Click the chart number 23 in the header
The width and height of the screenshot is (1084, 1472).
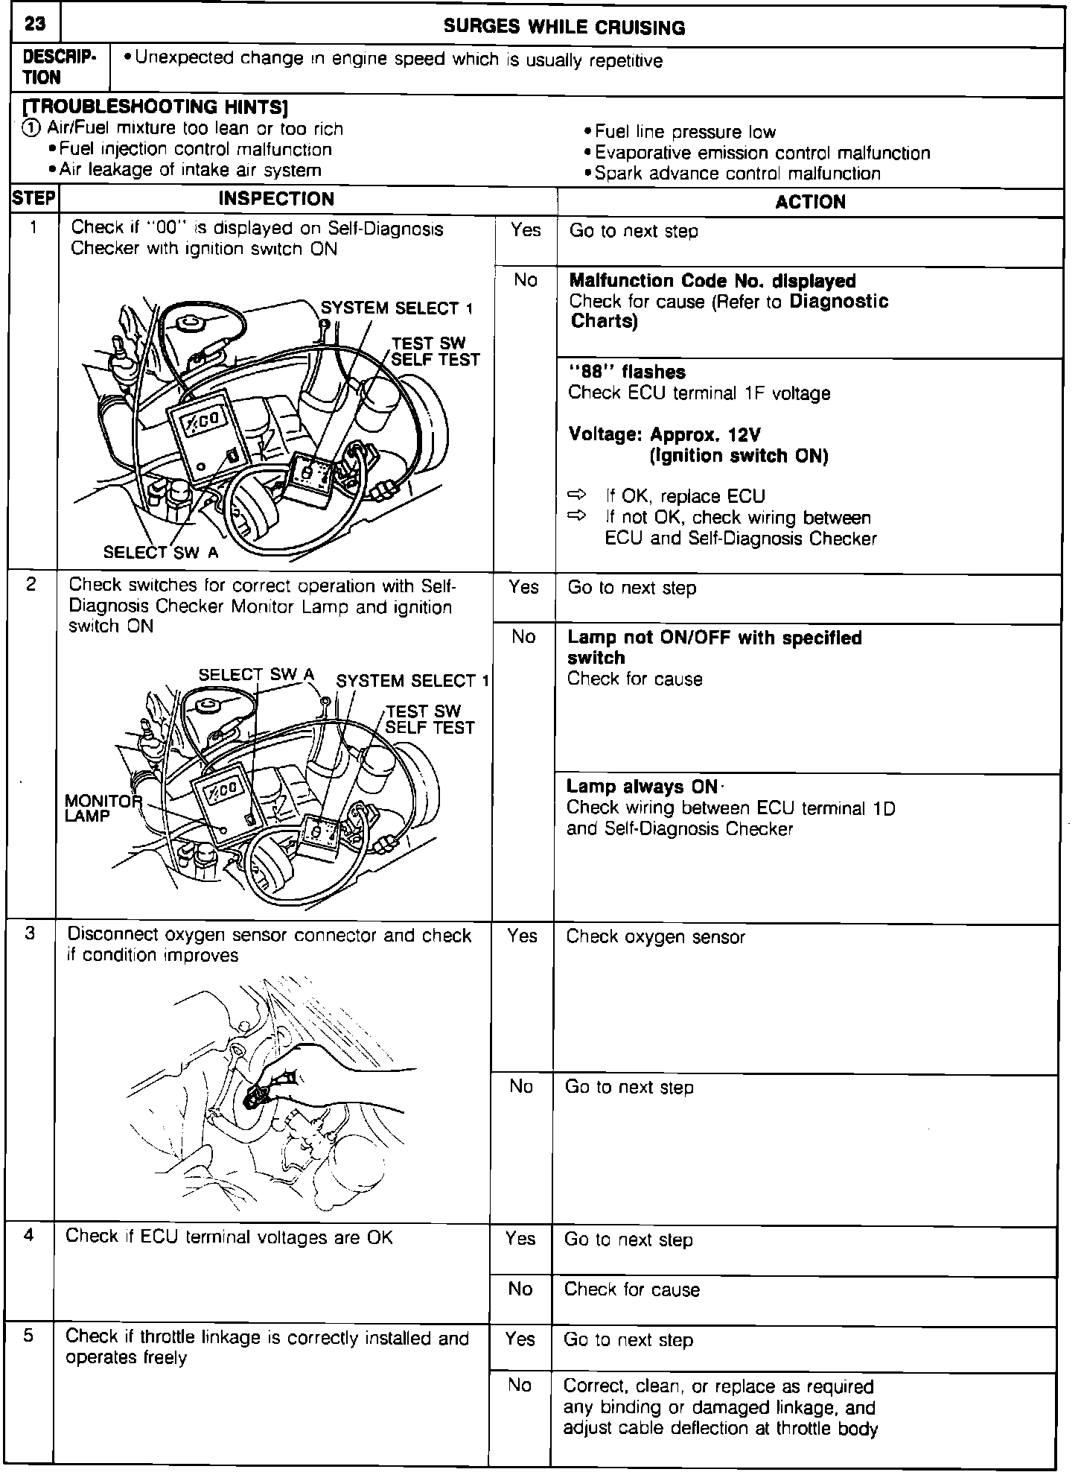click(x=34, y=24)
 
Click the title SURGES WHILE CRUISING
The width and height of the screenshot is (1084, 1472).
click(x=564, y=28)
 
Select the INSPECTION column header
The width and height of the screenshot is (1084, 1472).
click(x=276, y=199)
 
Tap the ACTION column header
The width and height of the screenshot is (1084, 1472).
click(x=810, y=202)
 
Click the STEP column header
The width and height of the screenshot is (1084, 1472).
click(x=34, y=198)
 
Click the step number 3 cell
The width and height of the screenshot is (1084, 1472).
click(x=30, y=934)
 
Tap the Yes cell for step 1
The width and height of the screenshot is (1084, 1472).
click(x=525, y=230)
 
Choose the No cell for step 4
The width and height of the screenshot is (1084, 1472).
click(x=520, y=1289)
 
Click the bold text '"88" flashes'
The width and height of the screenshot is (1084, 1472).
click(x=627, y=372)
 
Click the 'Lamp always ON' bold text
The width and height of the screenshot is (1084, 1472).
click(x=642, y=787)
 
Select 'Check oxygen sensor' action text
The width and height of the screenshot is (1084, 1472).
click(x=655, y=937)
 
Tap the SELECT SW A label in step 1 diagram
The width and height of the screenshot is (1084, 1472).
click(x=161, y=552)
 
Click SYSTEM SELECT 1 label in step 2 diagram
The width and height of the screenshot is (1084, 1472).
click(x=412, y=681)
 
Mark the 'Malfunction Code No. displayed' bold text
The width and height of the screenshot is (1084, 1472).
click(x=712, y=281)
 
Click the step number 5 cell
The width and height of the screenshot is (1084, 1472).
click(x=28, y=1336)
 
